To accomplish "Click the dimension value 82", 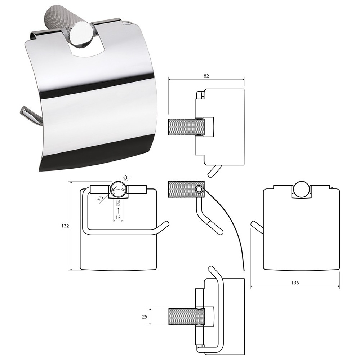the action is [206, 76].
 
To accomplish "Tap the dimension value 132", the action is [65, 226].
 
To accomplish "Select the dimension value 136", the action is [295, 283].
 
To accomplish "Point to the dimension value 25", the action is [145, 317].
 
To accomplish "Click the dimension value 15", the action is [118, 217].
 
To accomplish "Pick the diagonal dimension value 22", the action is [125, 178].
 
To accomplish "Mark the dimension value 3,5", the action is [100, 198].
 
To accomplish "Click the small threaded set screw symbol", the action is [118, 203].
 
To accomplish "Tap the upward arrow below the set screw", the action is [118, 210].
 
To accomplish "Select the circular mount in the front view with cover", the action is [301, 190].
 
